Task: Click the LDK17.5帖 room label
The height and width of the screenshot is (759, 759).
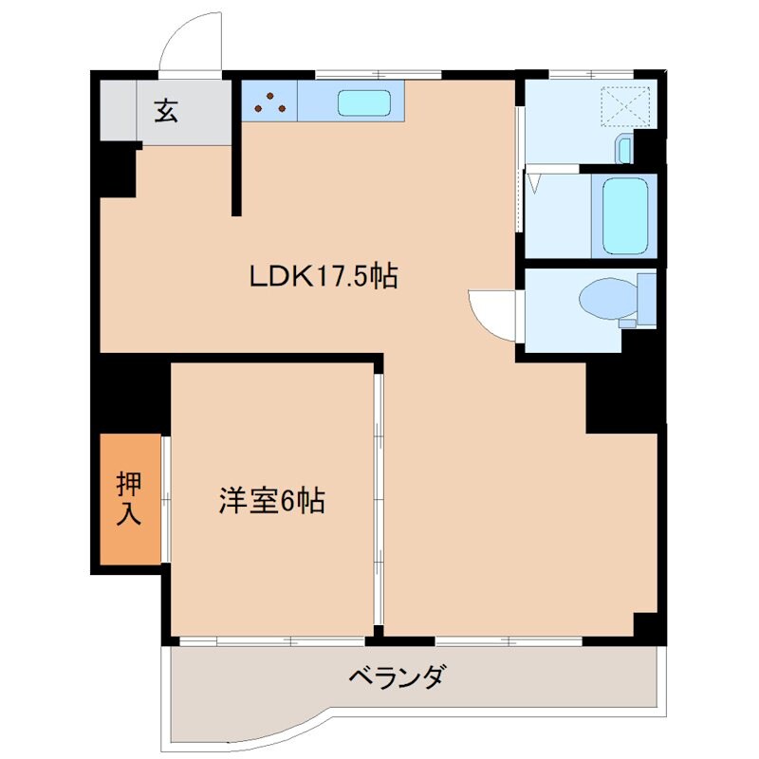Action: [323, 276]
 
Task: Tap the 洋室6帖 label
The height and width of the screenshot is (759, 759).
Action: [273, 500]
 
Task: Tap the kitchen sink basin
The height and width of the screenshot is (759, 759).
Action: [364, 102]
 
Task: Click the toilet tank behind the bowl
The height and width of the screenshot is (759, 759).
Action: [646, 299]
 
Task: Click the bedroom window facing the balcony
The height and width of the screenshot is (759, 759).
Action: [272, 640]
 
